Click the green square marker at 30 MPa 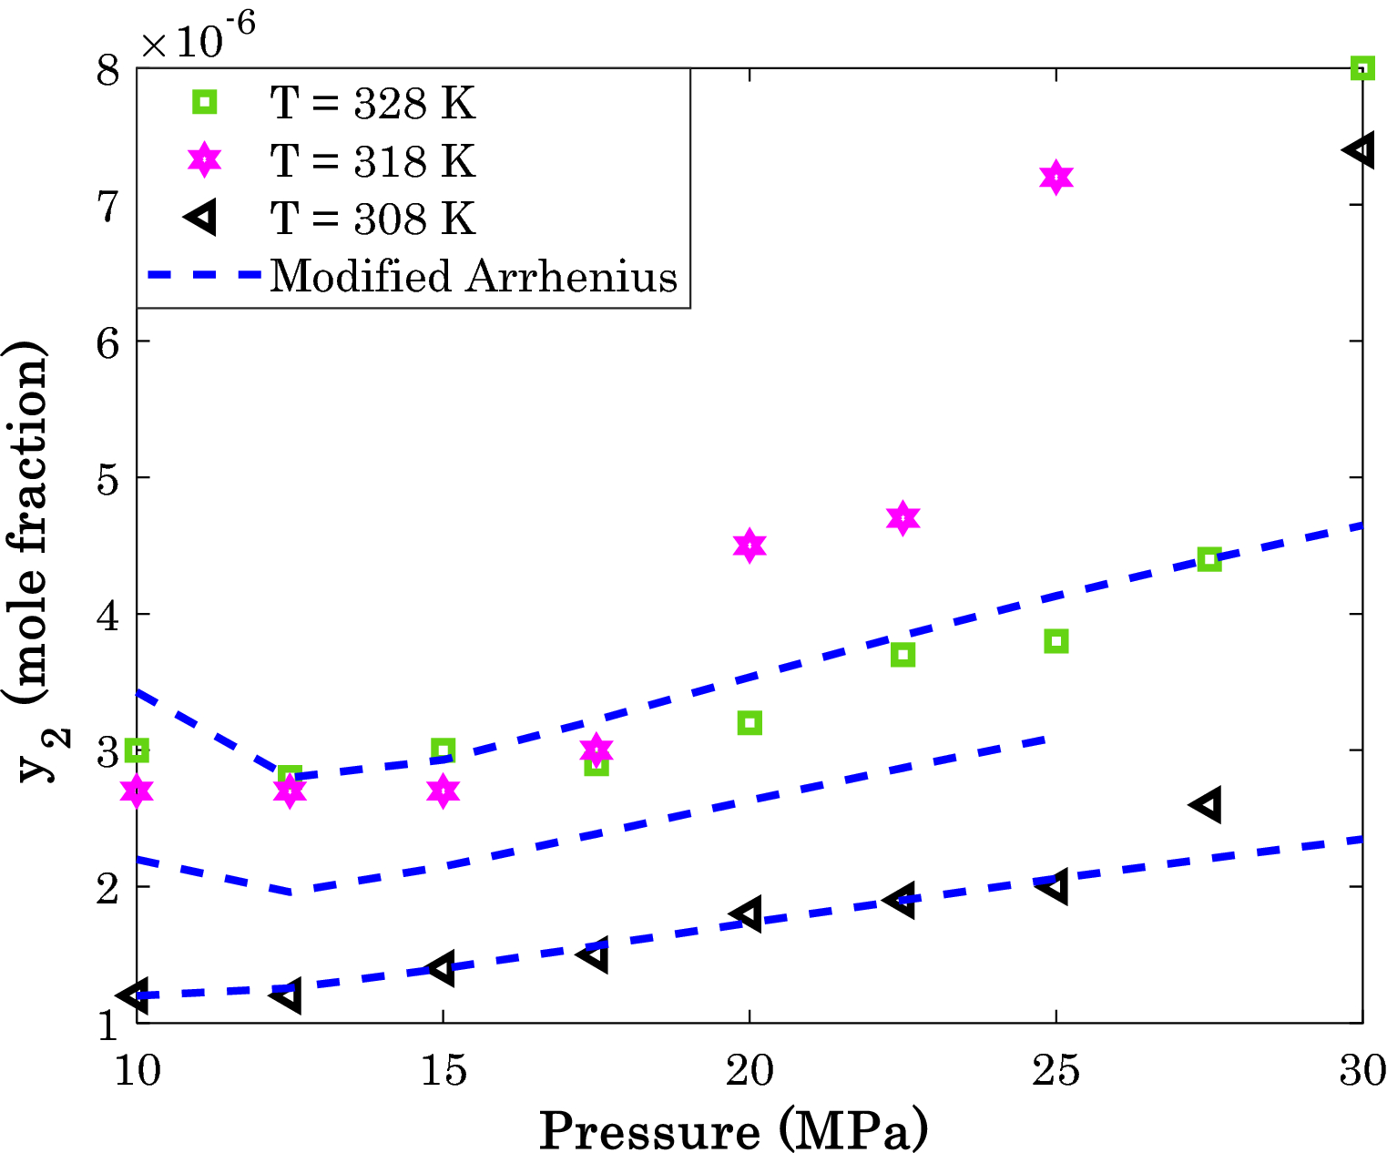coord(1362,68)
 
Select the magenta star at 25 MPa coord(1056,178)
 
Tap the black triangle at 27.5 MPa coord(1207,805)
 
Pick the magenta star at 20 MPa coord(749,546)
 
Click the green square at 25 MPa coord(1056,641)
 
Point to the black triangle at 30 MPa coord(1360,150)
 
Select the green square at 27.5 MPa coord(1209,559)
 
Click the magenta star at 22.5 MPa coord(903,518)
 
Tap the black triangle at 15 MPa coord(442,968)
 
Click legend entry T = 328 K coord(372,103)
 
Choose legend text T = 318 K coord(372,161)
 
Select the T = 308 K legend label coord(372,219)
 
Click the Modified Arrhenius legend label coord(474,275)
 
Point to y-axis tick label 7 coord(108,206)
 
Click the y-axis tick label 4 coord(108,616)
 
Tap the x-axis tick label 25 coord(1056,1071)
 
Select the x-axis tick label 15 coord(443,1071)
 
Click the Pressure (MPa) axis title coord(733,1130)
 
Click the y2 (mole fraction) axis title coord(33,560)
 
